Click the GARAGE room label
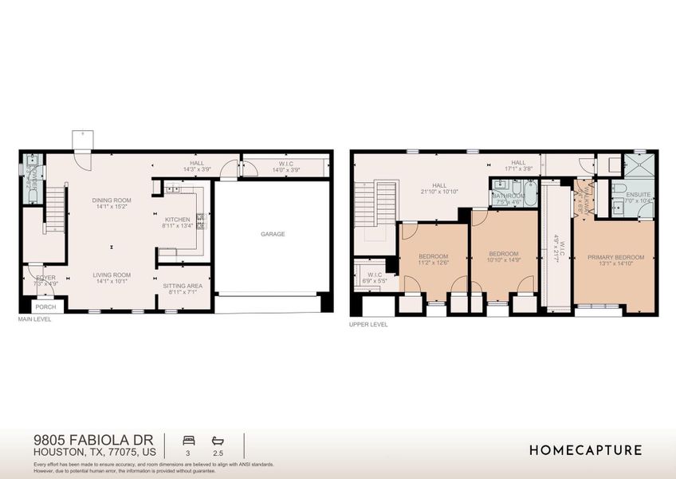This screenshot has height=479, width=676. pos(272,234)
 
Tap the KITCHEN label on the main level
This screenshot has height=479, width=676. pos(177,220)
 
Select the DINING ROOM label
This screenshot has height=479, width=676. pos(111,200)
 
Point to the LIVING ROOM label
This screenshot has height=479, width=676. pos(111,275)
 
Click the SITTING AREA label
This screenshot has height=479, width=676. pos(183,286)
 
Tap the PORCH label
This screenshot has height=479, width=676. pos(45,307)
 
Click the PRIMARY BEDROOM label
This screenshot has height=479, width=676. pos(614,257)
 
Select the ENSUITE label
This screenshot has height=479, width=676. pos(638,194)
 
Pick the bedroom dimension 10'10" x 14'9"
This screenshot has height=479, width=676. pos(504,260)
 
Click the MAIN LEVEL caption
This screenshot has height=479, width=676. pos(35,319)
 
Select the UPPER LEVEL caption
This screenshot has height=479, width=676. pos(368,325)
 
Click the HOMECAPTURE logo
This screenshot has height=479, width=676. pos(585,450)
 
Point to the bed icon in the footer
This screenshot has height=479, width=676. pos(189,440)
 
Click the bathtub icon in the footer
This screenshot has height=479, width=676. pos(218,440)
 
